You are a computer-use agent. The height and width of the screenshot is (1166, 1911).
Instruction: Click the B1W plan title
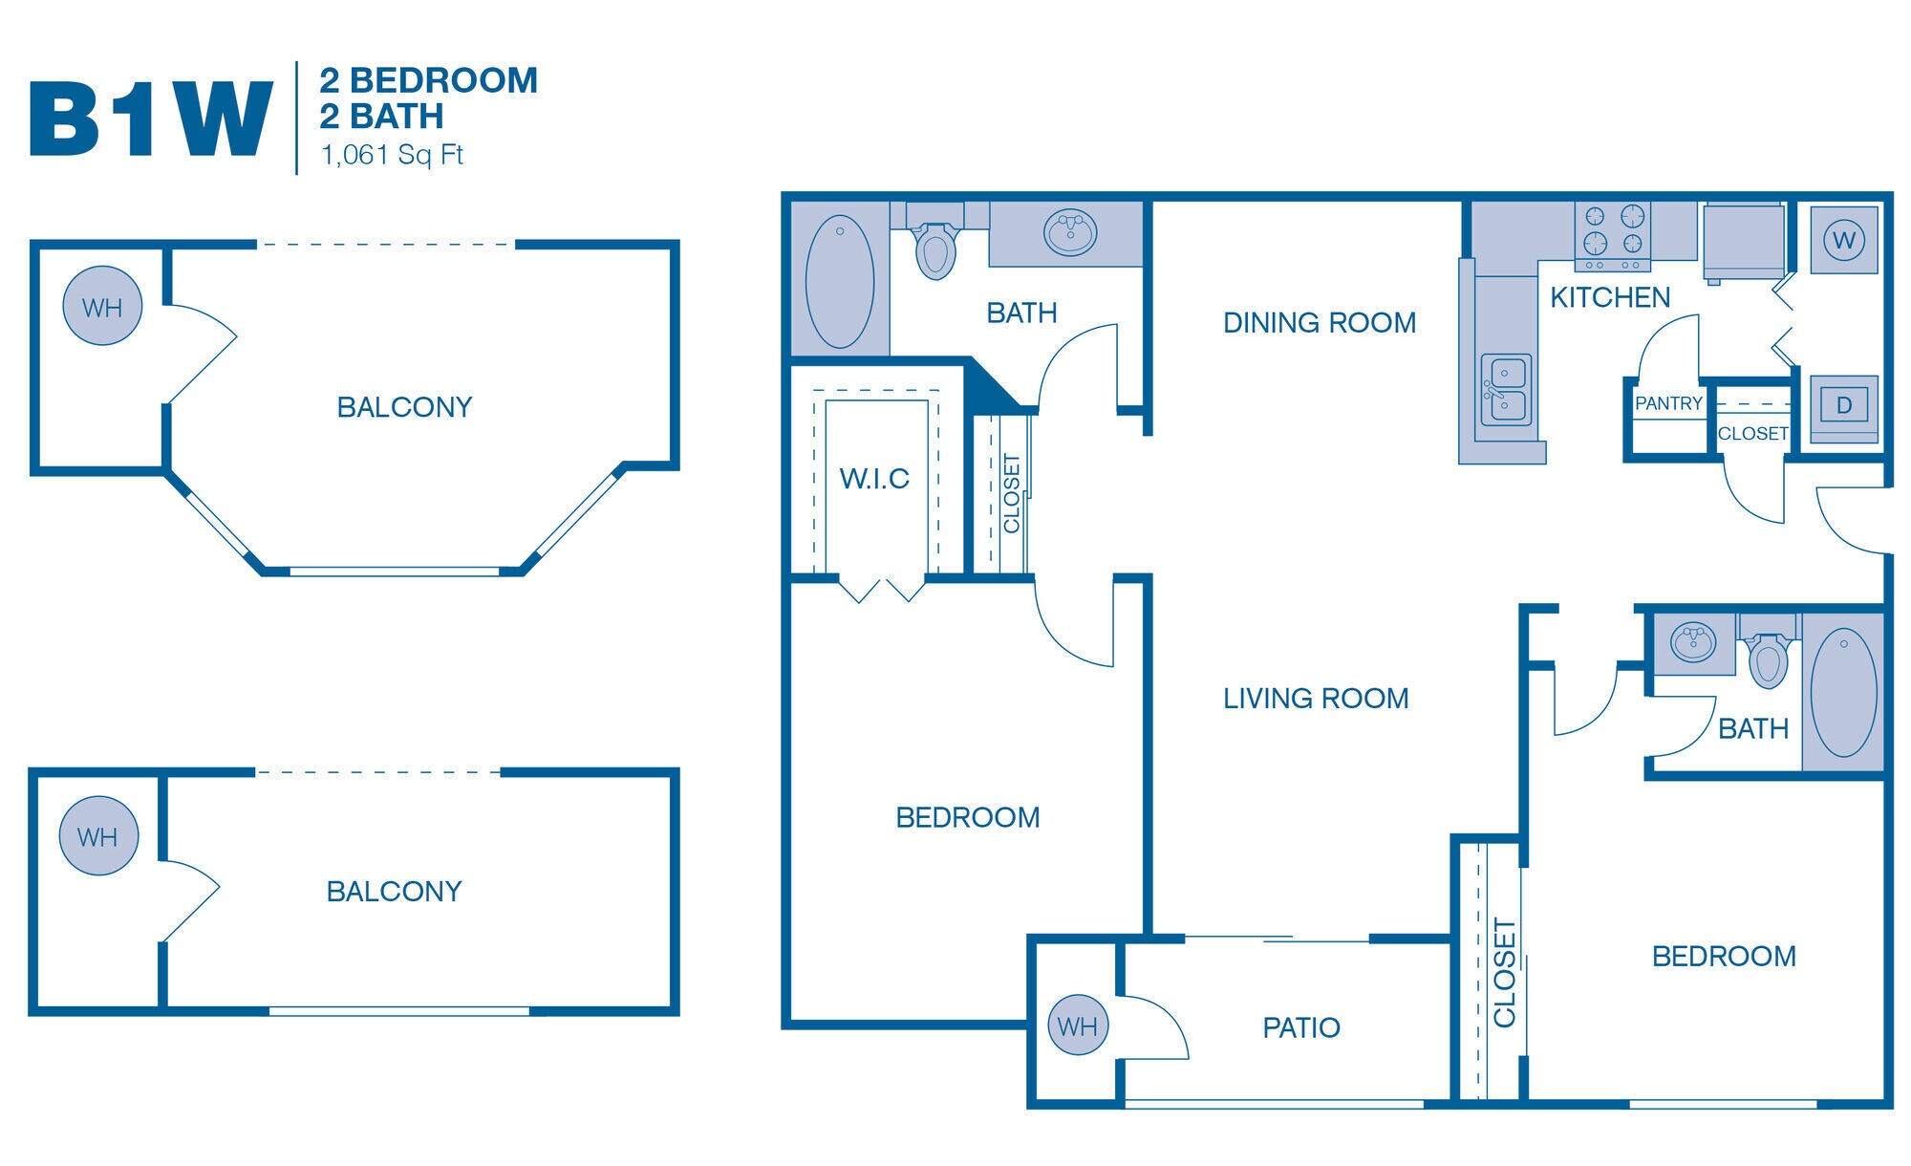[x=151, y=119]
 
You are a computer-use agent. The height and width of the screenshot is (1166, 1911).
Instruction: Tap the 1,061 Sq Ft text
[x=392, y=155]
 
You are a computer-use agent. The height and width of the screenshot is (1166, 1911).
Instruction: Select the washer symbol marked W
[x=1843, y=240]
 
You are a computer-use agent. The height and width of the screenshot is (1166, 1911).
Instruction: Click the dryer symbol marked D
[x=1843, y=405]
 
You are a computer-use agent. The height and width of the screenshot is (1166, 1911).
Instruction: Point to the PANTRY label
[x=1668, y=403]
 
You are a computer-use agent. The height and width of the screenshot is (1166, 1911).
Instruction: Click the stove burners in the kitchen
[x=1612, y=229]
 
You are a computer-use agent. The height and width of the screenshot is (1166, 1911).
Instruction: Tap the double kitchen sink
[x=1505, y=389]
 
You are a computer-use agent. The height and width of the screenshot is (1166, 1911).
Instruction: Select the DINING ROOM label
[x=1320, y=323]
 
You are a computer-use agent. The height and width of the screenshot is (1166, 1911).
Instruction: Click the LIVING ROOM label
[x=1316, y=699]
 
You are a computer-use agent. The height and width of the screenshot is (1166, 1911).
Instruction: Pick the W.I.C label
[x=874, y=479]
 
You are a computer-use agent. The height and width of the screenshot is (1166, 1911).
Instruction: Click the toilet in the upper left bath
[x=935, y=249]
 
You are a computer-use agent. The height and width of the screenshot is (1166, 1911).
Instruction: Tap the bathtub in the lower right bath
[x=1843, y=693]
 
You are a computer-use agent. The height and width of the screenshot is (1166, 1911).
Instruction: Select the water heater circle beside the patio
[x=1078, y=1026]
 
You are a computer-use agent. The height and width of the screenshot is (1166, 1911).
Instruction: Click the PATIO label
[x=1300, y=1028]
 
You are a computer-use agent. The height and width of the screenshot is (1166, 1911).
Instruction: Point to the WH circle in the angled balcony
[x=102, y=307]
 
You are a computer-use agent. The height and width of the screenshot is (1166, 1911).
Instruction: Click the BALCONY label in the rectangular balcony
[x=394, y=892]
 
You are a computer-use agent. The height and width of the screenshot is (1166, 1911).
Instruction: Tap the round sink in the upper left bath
[x=1069, y=232]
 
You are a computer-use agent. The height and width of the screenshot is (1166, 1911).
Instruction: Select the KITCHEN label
[x=1610, y=298]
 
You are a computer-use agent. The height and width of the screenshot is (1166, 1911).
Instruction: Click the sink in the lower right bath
[x=1693, y=642]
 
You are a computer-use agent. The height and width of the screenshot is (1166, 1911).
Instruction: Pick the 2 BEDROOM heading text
[x=428, y=80]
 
